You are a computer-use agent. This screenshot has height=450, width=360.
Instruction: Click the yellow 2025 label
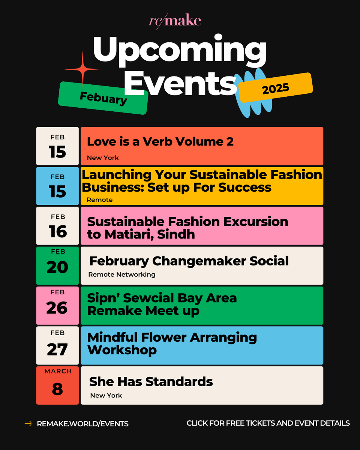(x=276, y=88)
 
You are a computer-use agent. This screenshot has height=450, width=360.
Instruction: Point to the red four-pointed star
(x=82, y=69)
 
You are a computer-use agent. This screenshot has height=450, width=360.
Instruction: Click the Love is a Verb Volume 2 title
(x=160, y=142)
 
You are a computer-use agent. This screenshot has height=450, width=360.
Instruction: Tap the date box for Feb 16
(x=57, y=226)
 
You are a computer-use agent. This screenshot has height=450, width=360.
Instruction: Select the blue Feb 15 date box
(x=57, y=186)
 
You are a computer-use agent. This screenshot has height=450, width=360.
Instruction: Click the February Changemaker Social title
(x=189, y=261)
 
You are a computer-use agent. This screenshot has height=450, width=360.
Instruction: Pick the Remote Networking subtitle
(x=121, y=274)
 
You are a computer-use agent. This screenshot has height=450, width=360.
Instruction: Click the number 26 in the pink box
(x=57, y=308)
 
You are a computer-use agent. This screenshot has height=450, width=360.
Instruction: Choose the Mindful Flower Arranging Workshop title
(x=172, y=343)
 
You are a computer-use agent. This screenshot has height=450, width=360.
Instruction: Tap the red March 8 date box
(x=57, y=385)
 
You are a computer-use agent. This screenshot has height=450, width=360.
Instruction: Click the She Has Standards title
(x=151, y=382)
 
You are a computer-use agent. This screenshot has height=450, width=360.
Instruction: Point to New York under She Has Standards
(x=106, y=395)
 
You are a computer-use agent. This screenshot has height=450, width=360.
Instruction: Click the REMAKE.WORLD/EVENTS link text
(x=82, y=424)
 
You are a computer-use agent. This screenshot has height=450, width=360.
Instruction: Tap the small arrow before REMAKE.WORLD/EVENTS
(x=28, y=424)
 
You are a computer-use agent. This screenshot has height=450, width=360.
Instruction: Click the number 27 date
(x=57, y=349)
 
